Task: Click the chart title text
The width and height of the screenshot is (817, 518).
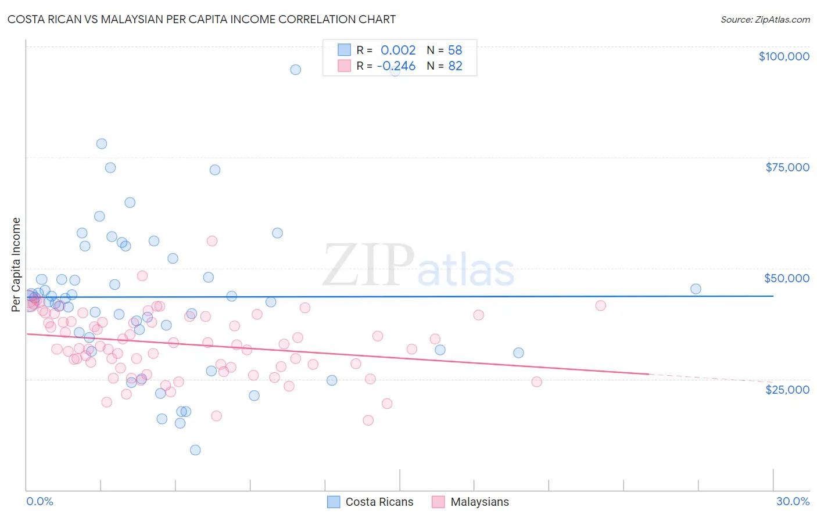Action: tap(201, 19)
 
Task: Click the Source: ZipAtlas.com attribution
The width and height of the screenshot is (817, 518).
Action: tap(765, 19)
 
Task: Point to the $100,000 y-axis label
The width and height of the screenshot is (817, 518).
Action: tap(783, 56)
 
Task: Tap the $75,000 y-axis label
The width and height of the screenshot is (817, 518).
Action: tap(787, 167)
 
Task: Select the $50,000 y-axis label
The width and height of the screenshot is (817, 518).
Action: tap(786, 278)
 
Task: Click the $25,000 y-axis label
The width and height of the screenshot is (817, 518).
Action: tap(787, 389)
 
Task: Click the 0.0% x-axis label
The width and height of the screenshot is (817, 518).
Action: tap(40, 501)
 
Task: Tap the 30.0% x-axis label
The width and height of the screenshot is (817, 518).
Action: tap(793, 501)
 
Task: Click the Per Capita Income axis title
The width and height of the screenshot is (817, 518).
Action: tap(16, 265)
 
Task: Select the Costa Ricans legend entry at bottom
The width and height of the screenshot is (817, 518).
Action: tap(370, 502)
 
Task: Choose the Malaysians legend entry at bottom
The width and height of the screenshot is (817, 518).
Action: tap(471, 502)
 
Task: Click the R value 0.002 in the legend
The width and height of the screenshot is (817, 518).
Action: tap(398, 50)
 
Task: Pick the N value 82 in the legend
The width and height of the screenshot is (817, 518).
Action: tap(455, 66)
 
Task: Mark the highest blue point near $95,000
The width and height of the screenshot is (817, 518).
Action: tap(296, 70)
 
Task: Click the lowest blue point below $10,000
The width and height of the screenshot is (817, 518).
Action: tap(195, 450)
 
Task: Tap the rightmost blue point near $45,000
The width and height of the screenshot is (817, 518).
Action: tap(696, 289)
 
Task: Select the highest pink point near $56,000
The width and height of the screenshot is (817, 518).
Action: tap(212, 241)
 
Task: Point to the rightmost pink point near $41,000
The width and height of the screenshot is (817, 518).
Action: tap(601, 305)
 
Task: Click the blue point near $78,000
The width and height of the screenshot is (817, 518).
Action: tap(102, 144)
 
